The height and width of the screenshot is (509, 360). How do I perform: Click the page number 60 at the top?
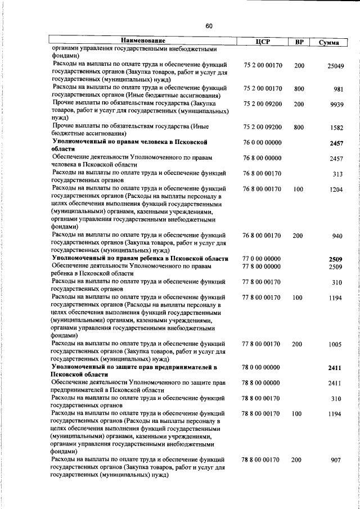coord(209,26)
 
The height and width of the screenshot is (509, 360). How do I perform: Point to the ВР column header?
coord(299,42)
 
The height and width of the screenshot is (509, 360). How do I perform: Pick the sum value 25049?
coord(336,66)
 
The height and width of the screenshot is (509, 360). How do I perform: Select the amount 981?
coord(338,89)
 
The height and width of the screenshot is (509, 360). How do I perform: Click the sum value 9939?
coord(337,105)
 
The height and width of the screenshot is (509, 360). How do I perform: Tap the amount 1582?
coord(336,128)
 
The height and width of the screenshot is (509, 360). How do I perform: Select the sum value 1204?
coord(336,190)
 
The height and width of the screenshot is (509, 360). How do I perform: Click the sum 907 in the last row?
coord(336,460)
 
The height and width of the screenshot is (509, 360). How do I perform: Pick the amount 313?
coord(337,174)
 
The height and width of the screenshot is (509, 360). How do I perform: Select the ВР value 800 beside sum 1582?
coord(299,128)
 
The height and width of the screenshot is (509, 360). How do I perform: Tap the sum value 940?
coord(337,236)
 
